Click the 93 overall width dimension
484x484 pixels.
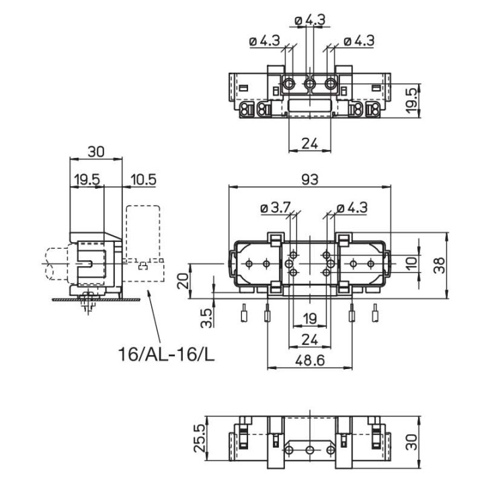309,179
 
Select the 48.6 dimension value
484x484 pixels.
310,361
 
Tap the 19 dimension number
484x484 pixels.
309,318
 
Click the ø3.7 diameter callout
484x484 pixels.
274,208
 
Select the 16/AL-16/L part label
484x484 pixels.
167,354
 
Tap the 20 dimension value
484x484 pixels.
183,280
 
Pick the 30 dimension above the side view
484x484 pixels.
97,152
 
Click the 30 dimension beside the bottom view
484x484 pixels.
411,441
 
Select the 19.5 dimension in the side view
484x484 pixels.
87,179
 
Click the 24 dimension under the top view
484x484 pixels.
309,143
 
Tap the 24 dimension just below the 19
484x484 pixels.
309,339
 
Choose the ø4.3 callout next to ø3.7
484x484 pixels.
352,208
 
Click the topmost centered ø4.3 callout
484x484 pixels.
311,20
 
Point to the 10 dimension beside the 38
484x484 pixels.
411,261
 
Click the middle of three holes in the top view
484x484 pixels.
310,84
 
